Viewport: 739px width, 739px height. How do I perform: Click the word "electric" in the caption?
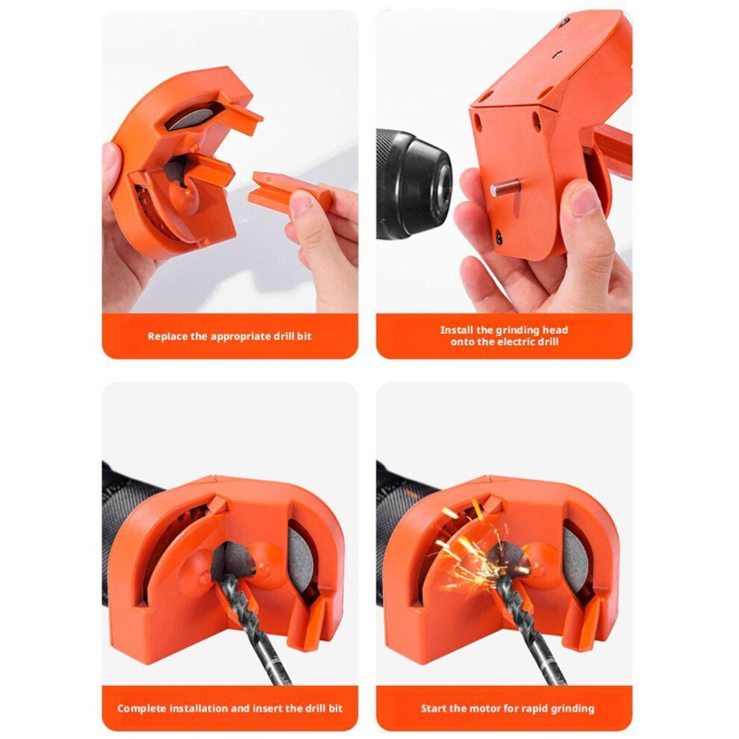click(519, 342)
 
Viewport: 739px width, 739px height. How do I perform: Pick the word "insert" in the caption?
click(266, 708)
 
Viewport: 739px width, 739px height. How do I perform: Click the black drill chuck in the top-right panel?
click(414, 184)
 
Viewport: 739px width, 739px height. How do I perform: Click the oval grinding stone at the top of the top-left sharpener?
click(192, 118)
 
